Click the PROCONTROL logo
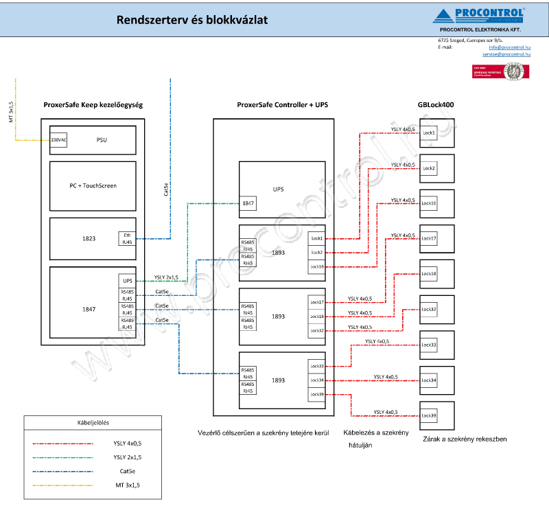click(x=480, y=16)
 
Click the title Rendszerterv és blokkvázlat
click(x=191, y=21)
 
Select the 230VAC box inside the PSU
click(x=58, y=139)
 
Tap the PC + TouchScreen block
click(x=93, y=185)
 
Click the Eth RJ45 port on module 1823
click(x=127, y=238)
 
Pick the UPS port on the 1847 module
click(x=127, y=280)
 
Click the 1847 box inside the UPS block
click(x=248, y=203)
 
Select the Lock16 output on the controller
click(x=316, y=266)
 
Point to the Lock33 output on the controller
click(x=316, y=366)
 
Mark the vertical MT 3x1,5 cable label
click(x=12, y=112)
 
